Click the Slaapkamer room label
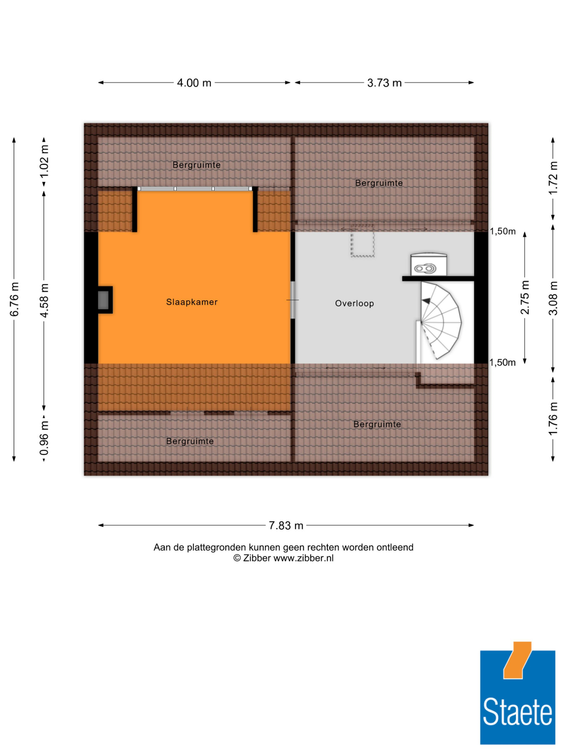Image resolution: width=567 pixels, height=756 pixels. click(192, 302)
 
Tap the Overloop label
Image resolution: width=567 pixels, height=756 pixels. click(354, 304)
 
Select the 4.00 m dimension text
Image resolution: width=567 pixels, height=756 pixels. click(194, 83)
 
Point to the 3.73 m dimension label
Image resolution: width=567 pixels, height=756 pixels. click(384, 83)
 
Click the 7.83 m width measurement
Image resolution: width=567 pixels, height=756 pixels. click(286, 525)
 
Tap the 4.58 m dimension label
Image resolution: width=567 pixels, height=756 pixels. click(44, 300)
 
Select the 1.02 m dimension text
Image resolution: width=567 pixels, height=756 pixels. click(44, 161)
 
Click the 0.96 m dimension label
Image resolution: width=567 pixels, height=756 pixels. click(44, 438)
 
